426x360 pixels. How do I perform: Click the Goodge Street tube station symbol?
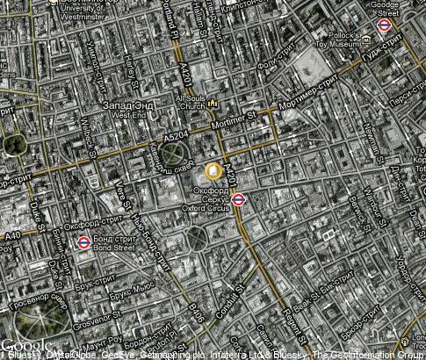pyautogui.click(x=383, y=25)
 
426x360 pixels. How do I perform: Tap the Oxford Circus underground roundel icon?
pyautogui.click(x=251, y=198)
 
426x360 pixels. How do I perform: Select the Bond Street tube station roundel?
pyautogui.click(x=83, y=242)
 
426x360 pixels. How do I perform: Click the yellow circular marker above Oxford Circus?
pyautogui.click(x=213, y=171)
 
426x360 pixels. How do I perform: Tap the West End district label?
pyautogui.click(x=128, y=111)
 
